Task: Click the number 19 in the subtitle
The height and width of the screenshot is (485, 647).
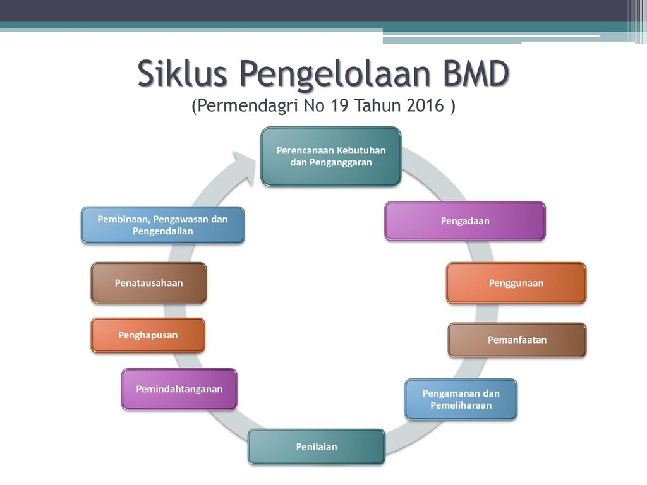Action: coord(339,105)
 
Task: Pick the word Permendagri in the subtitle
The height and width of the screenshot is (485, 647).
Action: coord(248,106)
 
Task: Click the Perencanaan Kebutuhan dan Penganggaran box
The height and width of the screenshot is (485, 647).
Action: coord(331,157)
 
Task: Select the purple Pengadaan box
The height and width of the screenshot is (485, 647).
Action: coord(465,220)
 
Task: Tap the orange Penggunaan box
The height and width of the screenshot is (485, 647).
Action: coord(516,283)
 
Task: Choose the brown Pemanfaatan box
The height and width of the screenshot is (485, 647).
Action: coord(517,340)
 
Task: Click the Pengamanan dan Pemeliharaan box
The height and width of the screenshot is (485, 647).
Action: coord(461,399)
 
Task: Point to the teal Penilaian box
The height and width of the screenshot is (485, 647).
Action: coord(317,446)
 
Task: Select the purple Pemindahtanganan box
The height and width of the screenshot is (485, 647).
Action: coord(179,389)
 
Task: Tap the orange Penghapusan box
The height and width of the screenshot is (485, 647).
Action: coord(148,335)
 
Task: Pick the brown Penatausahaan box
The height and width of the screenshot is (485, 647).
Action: coord(148,283)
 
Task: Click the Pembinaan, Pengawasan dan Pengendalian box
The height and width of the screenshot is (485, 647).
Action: coord(162,225)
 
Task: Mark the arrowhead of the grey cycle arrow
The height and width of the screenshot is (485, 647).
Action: coord(245,169)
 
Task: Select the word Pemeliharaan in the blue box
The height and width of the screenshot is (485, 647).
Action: coord(461,405)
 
